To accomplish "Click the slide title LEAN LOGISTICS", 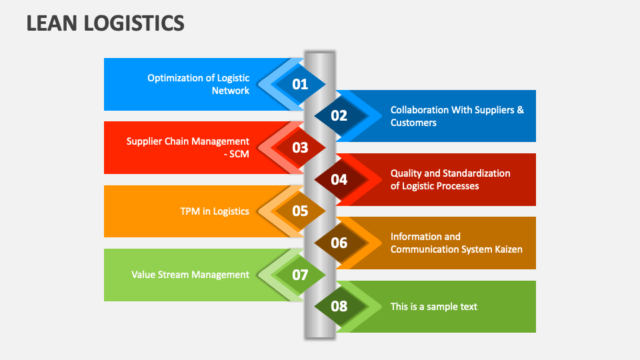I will click(x=105, y=23).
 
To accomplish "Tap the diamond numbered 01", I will click(x=300, y=84).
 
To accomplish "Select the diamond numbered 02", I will click(x=339, y=116).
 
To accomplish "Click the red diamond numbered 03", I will click(x=300, y=147).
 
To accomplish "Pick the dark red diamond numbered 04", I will click(x=339, y=179).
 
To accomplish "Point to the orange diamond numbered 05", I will click(x=300, y=211).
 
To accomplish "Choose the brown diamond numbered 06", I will click(x=339, y=243).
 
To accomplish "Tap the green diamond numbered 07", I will click(x=300, y=275).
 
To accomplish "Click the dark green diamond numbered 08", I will click(x=339, y=307).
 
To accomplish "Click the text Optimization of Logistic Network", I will click(x=198, y=84).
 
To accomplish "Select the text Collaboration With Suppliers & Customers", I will click(x=457, y=116).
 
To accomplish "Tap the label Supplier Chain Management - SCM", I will click(x=188, y=147).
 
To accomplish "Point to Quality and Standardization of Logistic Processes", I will click(x=450, y=179).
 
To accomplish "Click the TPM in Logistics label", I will click(x=215, y=211).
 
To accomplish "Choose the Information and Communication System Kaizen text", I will click(x=456, y=243).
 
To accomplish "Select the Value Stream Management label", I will click(x=190, y=275).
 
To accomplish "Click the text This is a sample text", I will click(x=433, y=307).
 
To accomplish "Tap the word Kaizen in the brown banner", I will click(x=507, y=249).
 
